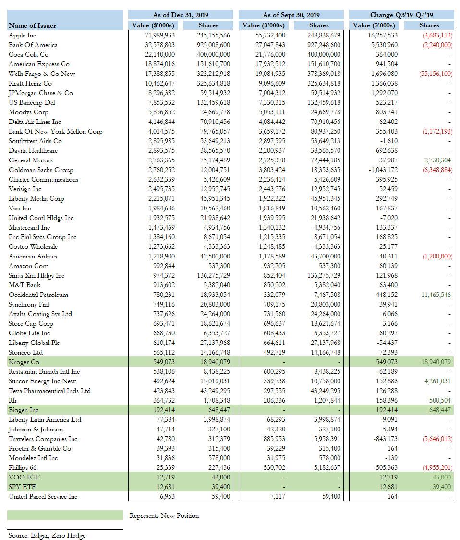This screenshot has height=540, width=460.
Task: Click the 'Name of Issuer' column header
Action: point(32,25)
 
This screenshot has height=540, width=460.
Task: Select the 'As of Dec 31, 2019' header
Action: point(181,15)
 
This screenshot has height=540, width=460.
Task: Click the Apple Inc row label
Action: point(23,35)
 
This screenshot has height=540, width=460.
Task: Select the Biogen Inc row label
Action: point(24,410)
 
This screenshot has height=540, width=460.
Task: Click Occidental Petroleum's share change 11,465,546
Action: point(436,295)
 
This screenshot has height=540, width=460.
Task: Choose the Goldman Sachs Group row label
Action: point(41,170)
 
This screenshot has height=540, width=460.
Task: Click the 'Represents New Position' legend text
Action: point(164,515)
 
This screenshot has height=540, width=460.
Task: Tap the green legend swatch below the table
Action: point(65,515)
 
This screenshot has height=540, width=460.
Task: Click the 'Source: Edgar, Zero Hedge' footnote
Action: point(47,535)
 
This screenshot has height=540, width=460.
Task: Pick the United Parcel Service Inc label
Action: point(43,496)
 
